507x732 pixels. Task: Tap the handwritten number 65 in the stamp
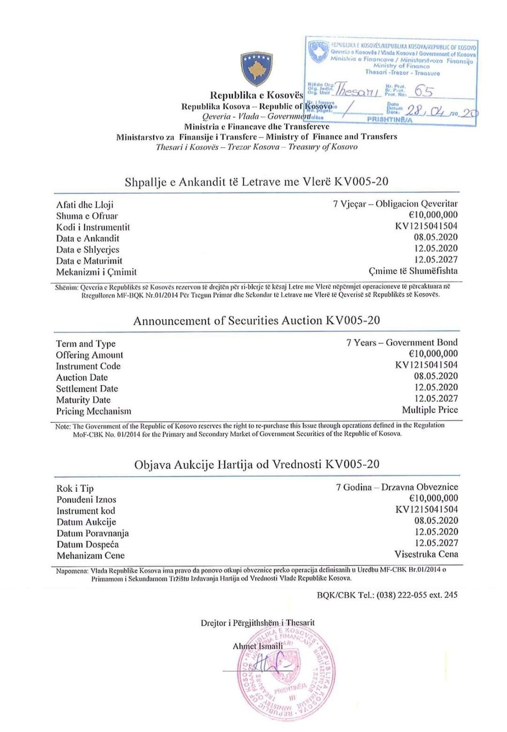click(x=424, y=92)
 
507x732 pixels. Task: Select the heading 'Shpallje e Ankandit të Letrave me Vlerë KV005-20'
click(x=257, y=182)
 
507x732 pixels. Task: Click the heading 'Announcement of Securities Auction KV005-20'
click(x=257, y=321)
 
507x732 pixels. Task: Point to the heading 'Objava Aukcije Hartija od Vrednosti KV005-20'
click(x=257, y=464)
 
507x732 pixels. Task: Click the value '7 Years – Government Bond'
click(x=402, y=343)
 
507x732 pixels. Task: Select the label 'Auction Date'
click(x=82, y=377)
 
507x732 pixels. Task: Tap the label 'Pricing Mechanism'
click(x=94, y=411)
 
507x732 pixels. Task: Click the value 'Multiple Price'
click(x=430, y=410)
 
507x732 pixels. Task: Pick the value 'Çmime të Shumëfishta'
click(x=413, y=271)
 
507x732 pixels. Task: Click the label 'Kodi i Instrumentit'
click(x=93, y=227)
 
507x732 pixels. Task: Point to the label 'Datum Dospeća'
click(x=88, y=544)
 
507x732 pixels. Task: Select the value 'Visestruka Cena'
click(x=426, y=554)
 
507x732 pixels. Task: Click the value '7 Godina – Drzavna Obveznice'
click(x=397, y=487)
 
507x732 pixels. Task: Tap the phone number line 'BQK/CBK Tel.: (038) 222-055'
click(x=387, y=595)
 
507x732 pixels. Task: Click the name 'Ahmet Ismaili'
click(x=258, y=646)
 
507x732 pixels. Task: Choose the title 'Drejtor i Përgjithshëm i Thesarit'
click(x=258, y=623)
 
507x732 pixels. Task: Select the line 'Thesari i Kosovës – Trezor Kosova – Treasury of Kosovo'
click(x=257, y=147)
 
